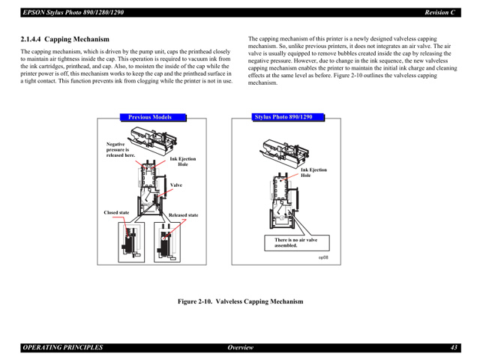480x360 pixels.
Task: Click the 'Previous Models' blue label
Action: click(x=150, y=117)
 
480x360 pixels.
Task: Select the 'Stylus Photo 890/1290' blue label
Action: click(x=282, y=117)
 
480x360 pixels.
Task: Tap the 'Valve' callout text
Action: click(x=176, y=185)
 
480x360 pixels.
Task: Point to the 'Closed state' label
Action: click(x=116, y=213)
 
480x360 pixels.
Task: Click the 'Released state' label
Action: click(x=183, y=215)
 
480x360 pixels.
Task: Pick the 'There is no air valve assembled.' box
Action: click(x=295, y=242)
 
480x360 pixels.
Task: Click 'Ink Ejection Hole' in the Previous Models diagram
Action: click(x=182, y=161)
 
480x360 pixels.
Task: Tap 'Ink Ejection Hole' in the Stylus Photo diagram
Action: click(x=313, y=172)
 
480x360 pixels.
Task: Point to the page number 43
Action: click(x=454, y=347)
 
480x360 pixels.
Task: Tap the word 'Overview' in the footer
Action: click(x=240, y=347)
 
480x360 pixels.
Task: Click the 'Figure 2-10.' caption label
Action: click(x=196, y=301)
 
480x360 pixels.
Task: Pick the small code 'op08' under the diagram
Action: click(x=323, y=257)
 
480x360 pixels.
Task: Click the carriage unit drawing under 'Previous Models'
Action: click(x=154, y=138)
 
